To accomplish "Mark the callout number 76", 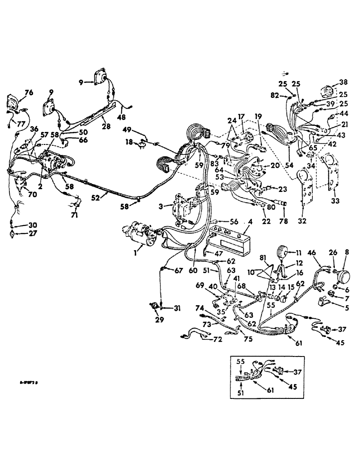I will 29,93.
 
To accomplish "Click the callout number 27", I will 13,234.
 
